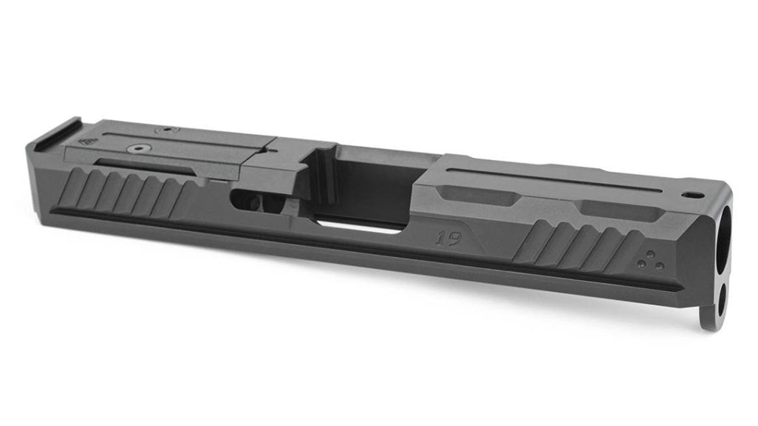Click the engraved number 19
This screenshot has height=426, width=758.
(449, 238)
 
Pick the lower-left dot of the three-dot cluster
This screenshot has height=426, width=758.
(643, 264)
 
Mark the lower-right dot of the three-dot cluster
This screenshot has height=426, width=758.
(659, 266)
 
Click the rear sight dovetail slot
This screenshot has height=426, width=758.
(54, 130)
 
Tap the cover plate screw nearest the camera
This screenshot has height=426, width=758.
(138, 149)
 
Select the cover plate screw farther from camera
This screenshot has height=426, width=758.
(167, 130)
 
